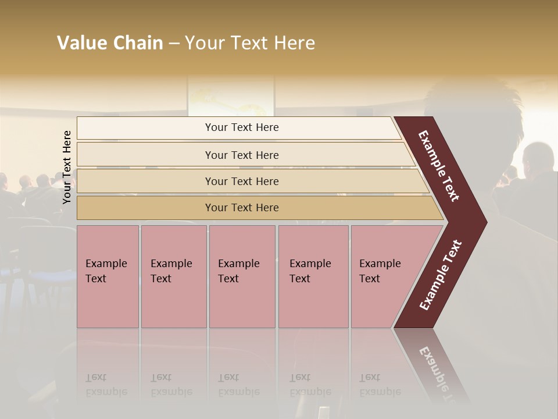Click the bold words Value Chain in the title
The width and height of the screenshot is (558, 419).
click(x=110, y=43)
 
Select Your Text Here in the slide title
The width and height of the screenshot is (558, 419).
click(x=250, y=43)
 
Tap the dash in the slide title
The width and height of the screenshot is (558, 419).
click(x=174, y=44)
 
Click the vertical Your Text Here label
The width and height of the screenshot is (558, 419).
click(x=67, y=167)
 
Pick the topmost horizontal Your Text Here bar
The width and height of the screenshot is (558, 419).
click(x=241, y=127)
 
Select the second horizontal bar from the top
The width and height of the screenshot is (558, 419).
click(x=241, y=155)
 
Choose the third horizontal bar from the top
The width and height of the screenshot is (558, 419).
click(x=241, y=181)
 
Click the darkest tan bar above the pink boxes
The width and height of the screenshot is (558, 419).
click(x=241, y=208)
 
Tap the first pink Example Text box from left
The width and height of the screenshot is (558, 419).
click(x=108, y=276)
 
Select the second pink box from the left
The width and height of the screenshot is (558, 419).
click(x=173, y=276)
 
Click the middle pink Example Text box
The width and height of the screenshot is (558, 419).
click(x=242, y=276)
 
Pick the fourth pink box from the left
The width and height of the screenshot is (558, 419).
click(x=313, y=276)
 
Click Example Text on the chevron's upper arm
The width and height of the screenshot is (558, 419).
click(x=439, y=166)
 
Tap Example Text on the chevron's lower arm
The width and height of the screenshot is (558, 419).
click(x=441, y=275)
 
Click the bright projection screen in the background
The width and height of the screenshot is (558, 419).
click(x=231, y=96)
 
